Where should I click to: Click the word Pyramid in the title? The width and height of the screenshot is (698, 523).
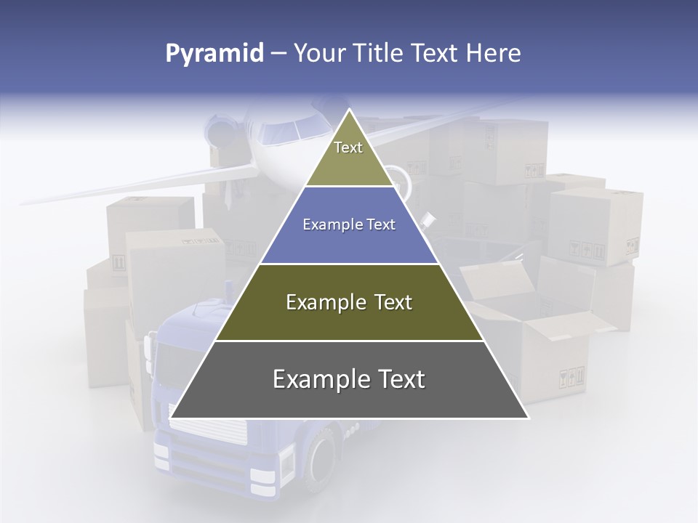pyautogui.click(x=214, y=54)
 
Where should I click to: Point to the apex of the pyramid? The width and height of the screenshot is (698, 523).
pyautogui.click(x=349, y=110)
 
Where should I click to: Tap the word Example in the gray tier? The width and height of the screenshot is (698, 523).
pyautogui.click(x=318, y=379)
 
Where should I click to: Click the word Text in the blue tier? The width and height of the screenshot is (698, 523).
pyautogui.click(x=380, y=225)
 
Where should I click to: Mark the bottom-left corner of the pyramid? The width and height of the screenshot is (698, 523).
pyautogui.click(x=170, y=418)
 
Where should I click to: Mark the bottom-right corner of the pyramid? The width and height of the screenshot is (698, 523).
pyautogui.click(x=529, y=418)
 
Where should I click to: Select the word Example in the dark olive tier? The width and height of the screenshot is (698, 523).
pyautogui.click(x=324, y=302)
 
